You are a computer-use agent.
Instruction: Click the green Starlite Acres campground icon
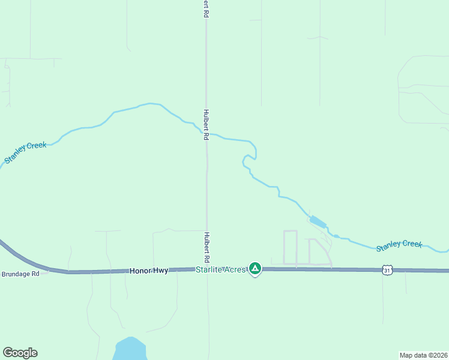pyautogui.click(x=255, y=268)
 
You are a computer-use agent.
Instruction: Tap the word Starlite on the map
pyautogui.click(x=208, y=270)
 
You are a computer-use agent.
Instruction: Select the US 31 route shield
pyautogui.click(x=388, y=271)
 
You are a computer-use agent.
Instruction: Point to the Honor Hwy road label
pyautogui.click(x=149, y=271)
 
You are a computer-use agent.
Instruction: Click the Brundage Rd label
pyautogui.click(x=20, y=274)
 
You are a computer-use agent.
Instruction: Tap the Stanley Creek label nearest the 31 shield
pyautogui.click(x=399, y=245)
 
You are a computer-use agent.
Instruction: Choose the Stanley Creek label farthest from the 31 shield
pyautogui.click(x=25, y=152)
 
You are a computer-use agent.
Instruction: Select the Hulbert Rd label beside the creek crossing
pyautogui.click(x=205, y=124)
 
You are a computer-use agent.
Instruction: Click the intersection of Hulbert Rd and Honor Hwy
pyautogui.click(x=207, y=269)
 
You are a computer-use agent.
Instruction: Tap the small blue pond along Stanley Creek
pyautogui.click(x=318, y=222)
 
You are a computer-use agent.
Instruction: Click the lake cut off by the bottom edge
pyautogui.click(x=130, y=349)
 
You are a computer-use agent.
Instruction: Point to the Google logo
pyautogui.click(x=20, y=353)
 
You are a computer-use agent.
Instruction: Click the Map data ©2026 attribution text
pyautogui.click(x=423, y=355)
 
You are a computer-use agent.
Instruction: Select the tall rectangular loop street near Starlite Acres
pyautogui.click(x=290, y=247)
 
